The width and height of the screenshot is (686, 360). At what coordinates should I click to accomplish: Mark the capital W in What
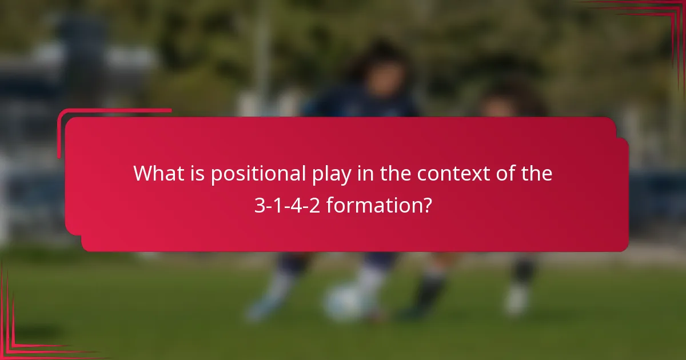coord(142,174)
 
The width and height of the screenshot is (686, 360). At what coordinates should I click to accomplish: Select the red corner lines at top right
coord(657,14)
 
